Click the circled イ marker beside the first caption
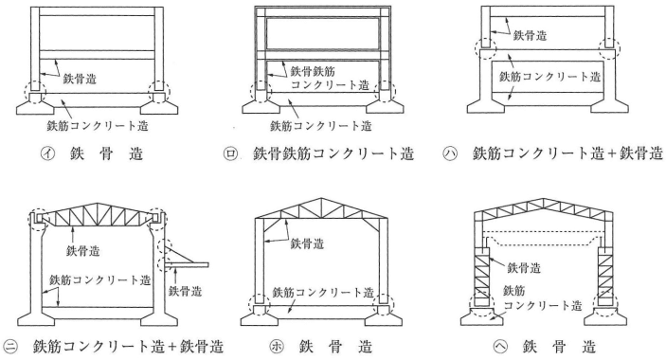click(x=47, y=153)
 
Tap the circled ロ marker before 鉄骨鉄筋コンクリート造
click(x=230, y=153)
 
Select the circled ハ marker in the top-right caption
click(x=450, y=153)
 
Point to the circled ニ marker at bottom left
click(x=11, y=347)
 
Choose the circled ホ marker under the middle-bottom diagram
click(x=277, y=347)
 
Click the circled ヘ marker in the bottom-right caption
click(x=500, y=347)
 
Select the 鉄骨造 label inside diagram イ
click(x=80, y=79)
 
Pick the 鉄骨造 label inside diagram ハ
click(x=530, y=35)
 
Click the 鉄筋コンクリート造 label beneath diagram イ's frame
click(x=98, y=126)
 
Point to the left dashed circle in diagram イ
click(x=34, y=91)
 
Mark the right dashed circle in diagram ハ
click(x=608, y=47)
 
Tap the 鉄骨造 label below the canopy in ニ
click(x=185, y=291)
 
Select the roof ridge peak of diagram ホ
click(x=321, y=198)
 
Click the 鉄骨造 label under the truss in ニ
click(x=82, y=250)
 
